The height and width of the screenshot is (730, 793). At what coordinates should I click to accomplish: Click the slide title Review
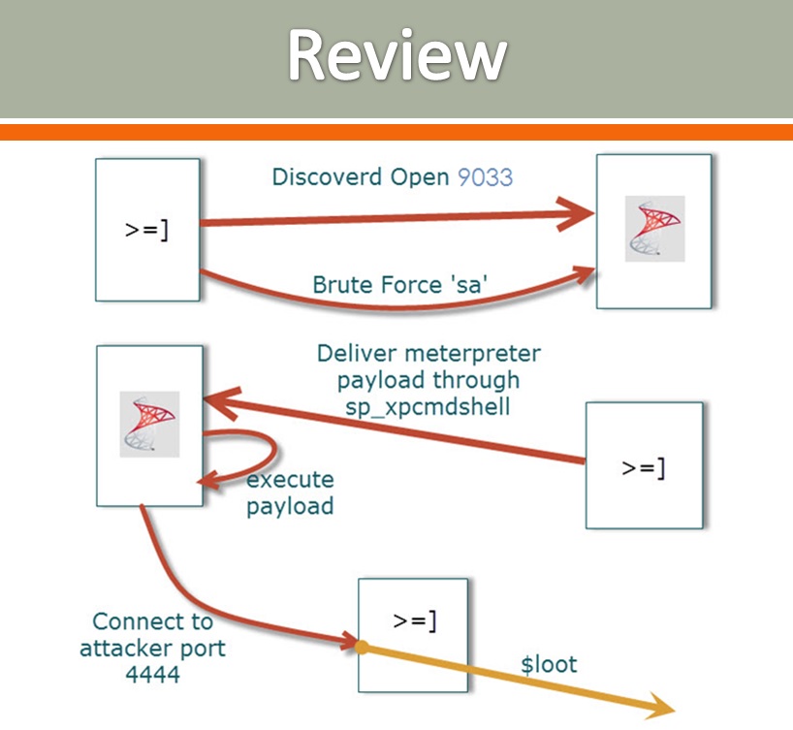[396, 56]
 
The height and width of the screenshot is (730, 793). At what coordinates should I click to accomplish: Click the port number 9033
[486, 176]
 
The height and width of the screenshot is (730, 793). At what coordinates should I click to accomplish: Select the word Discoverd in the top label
[319, 176]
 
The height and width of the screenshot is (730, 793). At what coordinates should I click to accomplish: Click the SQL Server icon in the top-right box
[654, 229]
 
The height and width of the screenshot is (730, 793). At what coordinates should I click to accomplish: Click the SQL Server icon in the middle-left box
[149, 424]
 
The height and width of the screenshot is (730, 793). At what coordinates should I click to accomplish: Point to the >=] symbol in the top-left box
[147, 231]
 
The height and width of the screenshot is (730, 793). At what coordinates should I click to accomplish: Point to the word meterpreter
[474, 353]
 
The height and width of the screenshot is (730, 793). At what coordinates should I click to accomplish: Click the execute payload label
[289, 492]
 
